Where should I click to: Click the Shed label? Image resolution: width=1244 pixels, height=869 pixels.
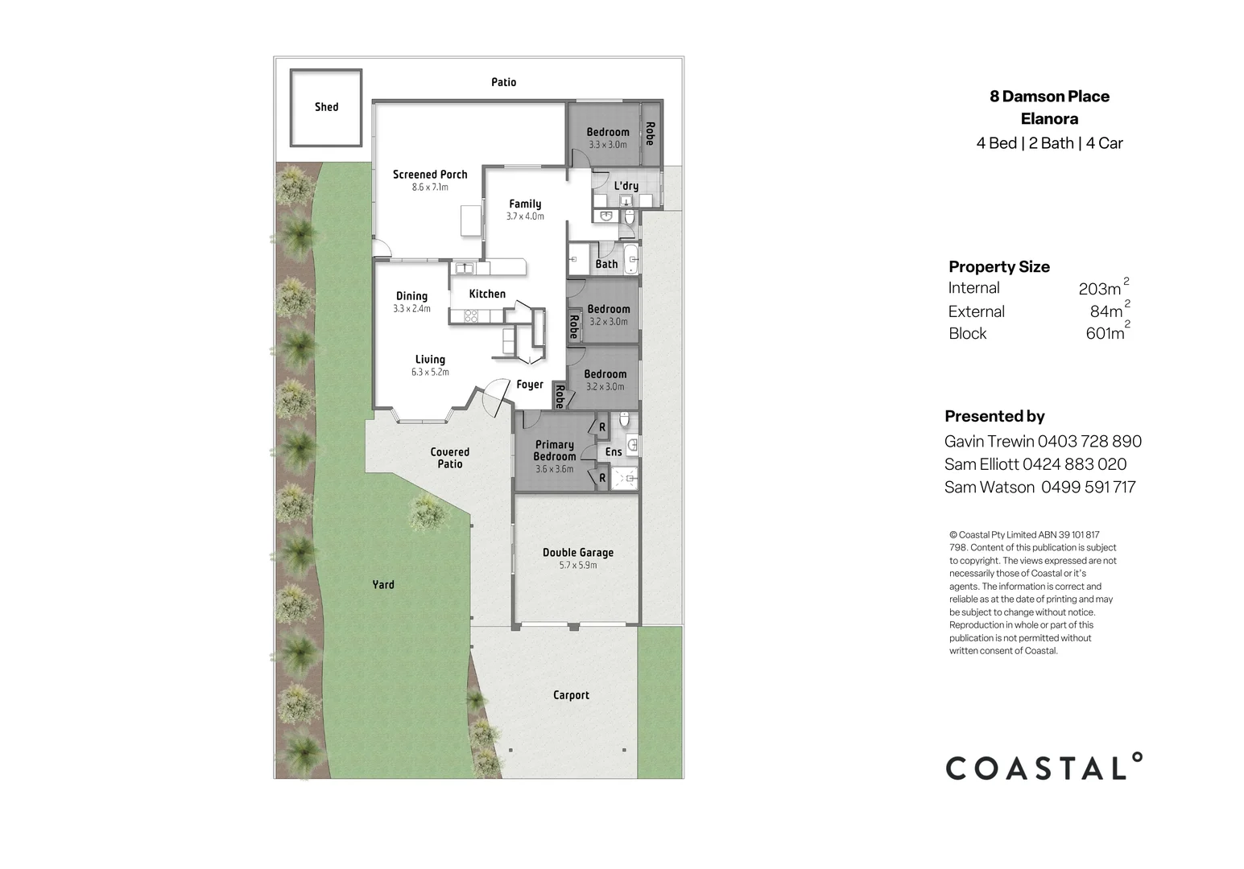tap(326, 107)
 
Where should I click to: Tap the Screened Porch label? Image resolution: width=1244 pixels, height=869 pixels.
tap(430, 175)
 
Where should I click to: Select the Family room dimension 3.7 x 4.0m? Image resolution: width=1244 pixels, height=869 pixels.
tap(525, 216)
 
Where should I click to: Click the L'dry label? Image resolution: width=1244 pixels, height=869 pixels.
tap(626, 186)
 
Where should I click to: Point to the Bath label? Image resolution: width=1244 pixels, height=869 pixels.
tap(606, 264)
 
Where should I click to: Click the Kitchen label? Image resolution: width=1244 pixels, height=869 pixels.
tap(487, 294)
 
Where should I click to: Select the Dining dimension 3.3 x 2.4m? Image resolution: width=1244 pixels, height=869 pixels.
tap(411, 309)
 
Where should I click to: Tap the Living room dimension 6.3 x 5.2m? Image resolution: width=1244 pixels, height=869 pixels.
tap(430, 373)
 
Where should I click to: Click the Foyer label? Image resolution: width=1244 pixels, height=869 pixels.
tap(530, 385)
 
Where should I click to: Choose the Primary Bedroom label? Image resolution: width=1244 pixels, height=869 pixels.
tap(555, 451)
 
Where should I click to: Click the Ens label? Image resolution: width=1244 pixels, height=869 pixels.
tap(614, 452)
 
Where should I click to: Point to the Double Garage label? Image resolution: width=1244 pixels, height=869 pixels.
tap(577, 553)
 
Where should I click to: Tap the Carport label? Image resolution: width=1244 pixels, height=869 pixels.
tap(571, 695)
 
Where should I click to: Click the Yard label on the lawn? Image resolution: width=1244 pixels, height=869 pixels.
tap(383, 585)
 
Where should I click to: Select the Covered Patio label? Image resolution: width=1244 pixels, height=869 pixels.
tap(449, 458)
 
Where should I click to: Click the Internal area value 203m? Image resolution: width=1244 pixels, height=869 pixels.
tap(1100, 289)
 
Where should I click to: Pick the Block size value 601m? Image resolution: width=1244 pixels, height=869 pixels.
tap(1105, 334)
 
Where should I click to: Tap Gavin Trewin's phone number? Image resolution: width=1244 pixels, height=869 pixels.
tap(1089, 441)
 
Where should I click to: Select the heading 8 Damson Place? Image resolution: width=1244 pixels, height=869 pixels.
tap(1049, 97)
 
